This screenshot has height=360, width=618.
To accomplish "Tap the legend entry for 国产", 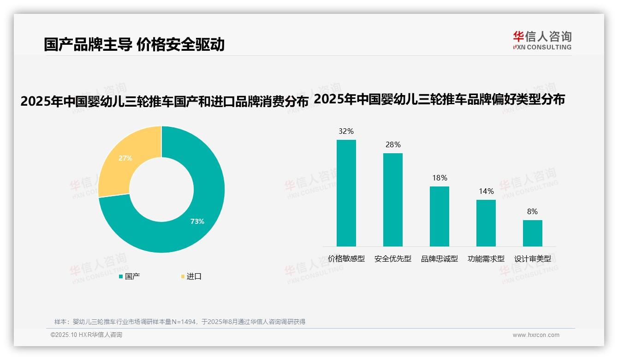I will [x=130, y=276].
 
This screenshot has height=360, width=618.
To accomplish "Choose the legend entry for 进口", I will [x=191, y=276].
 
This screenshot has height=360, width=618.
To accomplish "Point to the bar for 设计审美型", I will [x=533, y=233].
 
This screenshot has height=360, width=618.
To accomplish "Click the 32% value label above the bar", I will [x=346, y=131].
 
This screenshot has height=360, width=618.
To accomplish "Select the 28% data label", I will [x=393, y=144].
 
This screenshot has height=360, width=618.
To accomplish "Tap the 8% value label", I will [x=533, y=211].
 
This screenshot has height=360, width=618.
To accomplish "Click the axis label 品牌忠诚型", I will [x=440, y=259].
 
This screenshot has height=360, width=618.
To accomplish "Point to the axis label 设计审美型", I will [x=533, y=259].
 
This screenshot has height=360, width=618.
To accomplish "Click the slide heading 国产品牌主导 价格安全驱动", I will [x=134, y=44].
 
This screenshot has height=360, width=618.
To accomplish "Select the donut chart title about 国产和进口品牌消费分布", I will [x=164, y=102].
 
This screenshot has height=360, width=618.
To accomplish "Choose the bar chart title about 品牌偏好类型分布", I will [x=439, y=99].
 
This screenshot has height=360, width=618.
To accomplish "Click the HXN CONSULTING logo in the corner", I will [x=542, y=40].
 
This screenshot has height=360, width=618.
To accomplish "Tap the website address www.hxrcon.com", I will [x=536, y=335].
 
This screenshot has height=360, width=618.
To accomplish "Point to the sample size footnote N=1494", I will [x=180, y=322].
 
